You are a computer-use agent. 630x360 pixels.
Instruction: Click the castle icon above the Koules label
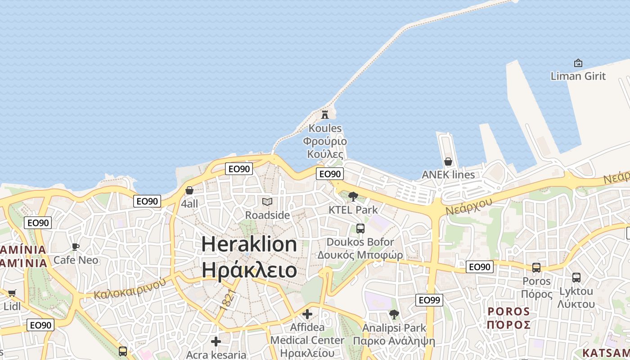pos(325,114)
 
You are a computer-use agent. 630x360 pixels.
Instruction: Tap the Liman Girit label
pos(578,76)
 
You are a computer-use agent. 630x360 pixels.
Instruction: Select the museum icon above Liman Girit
pos(578,63)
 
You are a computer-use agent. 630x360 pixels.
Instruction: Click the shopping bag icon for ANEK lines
pos(448,161)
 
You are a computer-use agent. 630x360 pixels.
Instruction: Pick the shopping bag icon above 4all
pos(189,190)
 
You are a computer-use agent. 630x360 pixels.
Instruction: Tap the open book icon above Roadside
pos(267,202)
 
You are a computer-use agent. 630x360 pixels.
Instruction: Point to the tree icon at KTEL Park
pos(353,196)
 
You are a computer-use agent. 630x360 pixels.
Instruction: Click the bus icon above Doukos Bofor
pos(360,228)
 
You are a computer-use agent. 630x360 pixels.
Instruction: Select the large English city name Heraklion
pos(249,244)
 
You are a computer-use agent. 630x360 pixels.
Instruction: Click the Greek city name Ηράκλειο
pos(249,270)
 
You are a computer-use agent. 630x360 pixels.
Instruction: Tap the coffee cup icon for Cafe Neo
pos(76,247)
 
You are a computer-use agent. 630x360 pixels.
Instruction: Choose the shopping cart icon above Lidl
pos(12,293)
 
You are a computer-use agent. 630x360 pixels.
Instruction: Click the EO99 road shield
pos(429,300)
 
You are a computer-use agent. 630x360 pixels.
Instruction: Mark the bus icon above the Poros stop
pos(536,267)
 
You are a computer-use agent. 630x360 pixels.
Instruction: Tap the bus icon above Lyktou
pos(576,277)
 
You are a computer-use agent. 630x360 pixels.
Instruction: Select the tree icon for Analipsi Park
pos(394,314)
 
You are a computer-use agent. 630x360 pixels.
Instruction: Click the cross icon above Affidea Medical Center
pos(307,314)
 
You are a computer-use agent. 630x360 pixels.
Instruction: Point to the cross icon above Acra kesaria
pos(216,342)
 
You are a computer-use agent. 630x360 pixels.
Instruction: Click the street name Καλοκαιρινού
pos(130,288)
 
